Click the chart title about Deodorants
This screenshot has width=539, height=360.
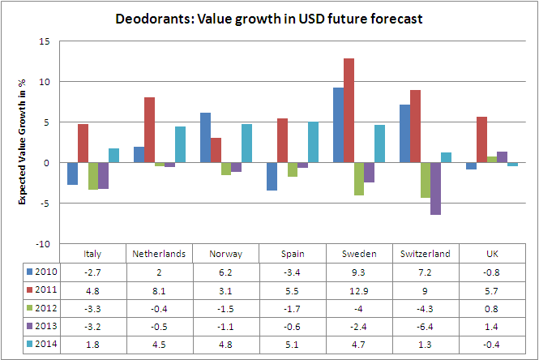point(269,18)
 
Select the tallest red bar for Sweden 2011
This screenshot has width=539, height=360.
point(349,110)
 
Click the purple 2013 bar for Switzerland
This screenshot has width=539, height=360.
point(435,189)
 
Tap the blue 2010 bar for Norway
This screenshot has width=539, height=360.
point(205,138)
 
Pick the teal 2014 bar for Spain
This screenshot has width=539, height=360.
point(313,143)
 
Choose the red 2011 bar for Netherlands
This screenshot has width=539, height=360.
point(149,131)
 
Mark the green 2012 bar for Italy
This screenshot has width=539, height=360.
point(94,176)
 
